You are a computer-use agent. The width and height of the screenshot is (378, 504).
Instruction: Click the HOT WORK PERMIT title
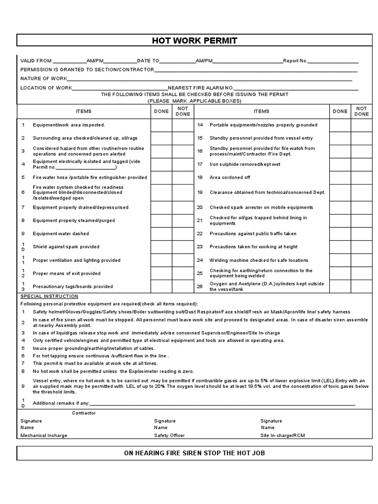pyautogui.click(x=194, y=40)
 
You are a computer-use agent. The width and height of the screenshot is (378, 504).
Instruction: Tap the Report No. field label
pyautogui.click(x=295, y=61)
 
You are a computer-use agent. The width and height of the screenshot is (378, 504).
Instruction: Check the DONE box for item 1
pyautogui.click(x=161, y=125)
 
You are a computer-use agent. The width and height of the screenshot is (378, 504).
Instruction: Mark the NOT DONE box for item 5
pyautogui.click(x=183, y=177)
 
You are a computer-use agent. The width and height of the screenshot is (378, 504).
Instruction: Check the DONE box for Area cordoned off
pyautogui.click(x=340, y=177)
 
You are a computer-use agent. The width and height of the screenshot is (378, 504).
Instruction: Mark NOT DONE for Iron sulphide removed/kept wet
pyautogui.click(x=361, y=164)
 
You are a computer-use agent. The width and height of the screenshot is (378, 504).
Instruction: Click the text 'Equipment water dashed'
pyautogui.click(x=61, y=234)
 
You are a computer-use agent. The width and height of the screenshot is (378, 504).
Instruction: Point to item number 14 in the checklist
pyautogui.click(x=200, y=125)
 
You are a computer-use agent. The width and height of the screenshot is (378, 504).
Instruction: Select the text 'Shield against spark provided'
pyautogui.click(x=66, y=247)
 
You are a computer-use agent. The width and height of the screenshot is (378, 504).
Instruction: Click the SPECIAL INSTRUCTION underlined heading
pyautogui.click(x=49, y=296)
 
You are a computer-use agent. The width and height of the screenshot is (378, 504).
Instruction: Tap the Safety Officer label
pyautogui.click(x=168, y=436)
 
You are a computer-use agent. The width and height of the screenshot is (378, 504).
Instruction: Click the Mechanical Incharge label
pyautogui.click(x=44, y=436)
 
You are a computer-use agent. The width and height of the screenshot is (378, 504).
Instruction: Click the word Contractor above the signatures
pyautogui.click(x=84, y=413)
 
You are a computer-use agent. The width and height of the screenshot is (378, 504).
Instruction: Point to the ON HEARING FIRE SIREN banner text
pyautogui.click(x=194, y=453)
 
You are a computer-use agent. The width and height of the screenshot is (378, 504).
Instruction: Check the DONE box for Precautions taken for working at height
pyautogui.click(x=340, y=247)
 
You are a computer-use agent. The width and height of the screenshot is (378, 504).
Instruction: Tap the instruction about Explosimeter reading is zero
pyautogui.click(x=113, y=371)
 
